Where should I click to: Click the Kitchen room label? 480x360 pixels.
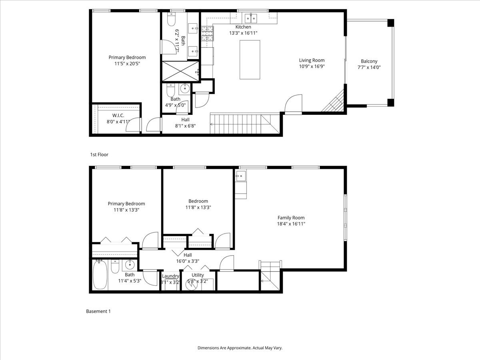click(x=243, y=27)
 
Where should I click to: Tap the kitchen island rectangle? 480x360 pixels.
click(x=250, y=60)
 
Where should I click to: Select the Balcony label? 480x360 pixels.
click(x=369, y=61)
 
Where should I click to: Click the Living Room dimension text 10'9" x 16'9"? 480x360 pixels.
click(x=312, y=66)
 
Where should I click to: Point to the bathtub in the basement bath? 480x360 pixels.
click(x=100, y=275)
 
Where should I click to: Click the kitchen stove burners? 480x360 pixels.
click(x=207, y=34)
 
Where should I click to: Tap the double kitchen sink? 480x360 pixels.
click(x=251, y=18)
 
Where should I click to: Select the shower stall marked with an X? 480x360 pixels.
click(x=180, y=71)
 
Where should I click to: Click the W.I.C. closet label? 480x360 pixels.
click(x=118, y=116)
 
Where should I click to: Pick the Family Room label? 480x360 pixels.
click(x=291, y=218)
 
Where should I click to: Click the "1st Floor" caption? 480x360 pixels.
click(x=99, y=154)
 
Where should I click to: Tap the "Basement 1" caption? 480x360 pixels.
click(x=98, y=311)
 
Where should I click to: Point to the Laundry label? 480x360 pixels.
click(x=170, y=276)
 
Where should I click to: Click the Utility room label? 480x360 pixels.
click(x=198, y=275)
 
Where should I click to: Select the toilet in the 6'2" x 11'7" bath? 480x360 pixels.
click(x=172, y=19)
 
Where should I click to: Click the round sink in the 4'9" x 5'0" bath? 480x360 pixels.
click(x=185, y=89)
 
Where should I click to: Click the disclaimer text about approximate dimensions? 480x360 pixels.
click(x=240, y=348)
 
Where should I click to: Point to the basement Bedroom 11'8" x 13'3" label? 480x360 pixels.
click(x=198, y=201)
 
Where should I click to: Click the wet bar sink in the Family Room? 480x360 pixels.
click(x=240, y=176)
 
